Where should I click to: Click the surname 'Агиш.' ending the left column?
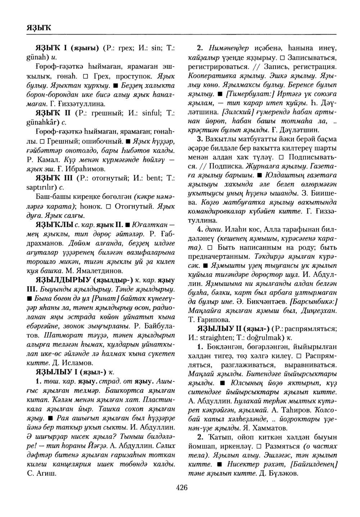pos(46,473)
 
